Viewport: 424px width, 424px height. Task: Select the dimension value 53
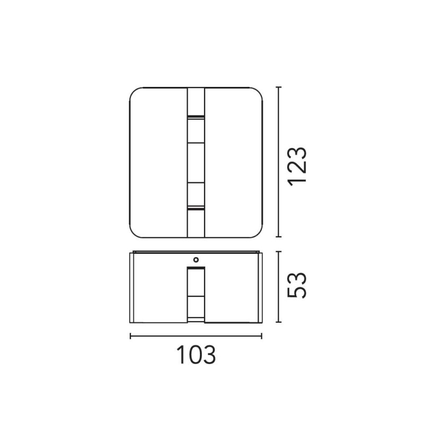pos(297,285)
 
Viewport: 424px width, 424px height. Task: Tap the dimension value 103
pos(196,354)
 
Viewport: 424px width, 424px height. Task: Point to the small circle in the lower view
pos(196,260)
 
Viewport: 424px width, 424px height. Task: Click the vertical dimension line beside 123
pos(279,162)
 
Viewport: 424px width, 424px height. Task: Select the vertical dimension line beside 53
pos(279,287)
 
